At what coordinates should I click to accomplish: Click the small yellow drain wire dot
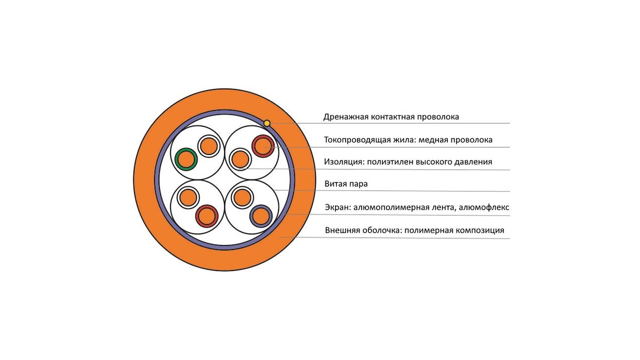pos(267,123)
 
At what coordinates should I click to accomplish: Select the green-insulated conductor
pos(186,159)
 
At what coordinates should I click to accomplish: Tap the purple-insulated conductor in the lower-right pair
pos(261,216)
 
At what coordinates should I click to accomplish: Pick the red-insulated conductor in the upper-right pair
pos(263,146)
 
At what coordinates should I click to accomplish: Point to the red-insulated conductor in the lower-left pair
pos(206,216)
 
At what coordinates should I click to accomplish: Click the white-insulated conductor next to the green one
pos(209,146)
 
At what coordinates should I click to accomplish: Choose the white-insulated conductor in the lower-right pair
pos(242,197)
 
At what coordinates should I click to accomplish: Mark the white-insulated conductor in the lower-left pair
pos(188,197)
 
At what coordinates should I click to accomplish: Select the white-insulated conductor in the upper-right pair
pos(241,159)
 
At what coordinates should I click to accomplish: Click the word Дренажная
pos(345,117)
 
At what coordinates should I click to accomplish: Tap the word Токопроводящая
pos(357,140)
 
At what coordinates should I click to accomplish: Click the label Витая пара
pos(346,184)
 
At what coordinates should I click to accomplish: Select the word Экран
pos(338,207)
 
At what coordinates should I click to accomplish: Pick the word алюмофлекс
pos(484,207)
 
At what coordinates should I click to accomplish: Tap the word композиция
pos(479,230)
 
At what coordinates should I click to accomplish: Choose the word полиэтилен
pos(390,162)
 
